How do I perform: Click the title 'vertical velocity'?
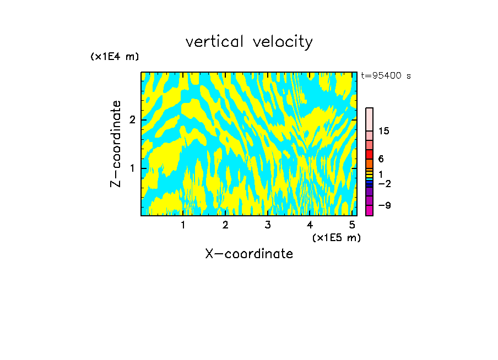pyautogui.click(x=249, y=42)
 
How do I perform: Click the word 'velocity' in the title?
pyautogui.click(x=281, y=42)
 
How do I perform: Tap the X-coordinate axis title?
pyautogui.click(x=249, y=254)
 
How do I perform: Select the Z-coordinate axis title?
pyautogui.click(x=116, y=144)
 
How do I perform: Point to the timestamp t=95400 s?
pyautogui.click(x=386, y=76)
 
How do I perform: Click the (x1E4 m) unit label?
pyautogui.click(x=115, y=57)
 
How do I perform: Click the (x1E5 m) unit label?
pyautogui.click(x=336, y=237)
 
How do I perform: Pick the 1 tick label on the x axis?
pyautogui.click(x=183, y=225)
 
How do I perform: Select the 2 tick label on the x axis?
pyautogui.click(x=225, y=225)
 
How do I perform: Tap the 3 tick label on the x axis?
pyautogui.click(x=267, y=225)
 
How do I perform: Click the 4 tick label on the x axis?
pyautogui.click(x=310, y=225)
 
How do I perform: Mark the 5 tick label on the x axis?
pyautogui.click(x=351, y=225)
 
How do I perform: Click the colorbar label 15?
pyautogui.click(x=384, y=131)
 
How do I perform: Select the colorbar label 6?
pyautogui.click(x=381, y=159)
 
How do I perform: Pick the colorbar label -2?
pyautogui.click(x=384, y=183)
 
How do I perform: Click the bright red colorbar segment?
pyautogui.click(x=369, y=155)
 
